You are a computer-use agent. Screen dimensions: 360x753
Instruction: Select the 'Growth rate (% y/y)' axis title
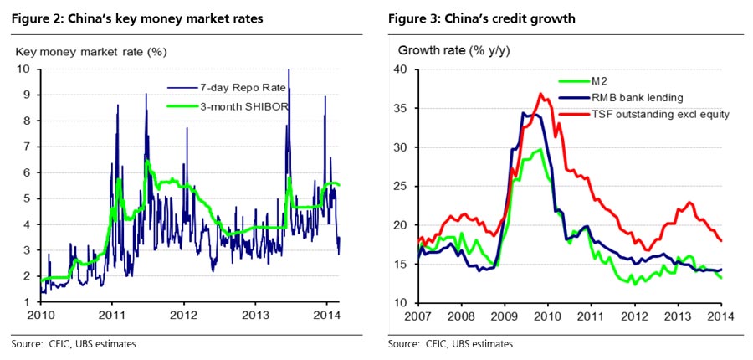click(448, 51)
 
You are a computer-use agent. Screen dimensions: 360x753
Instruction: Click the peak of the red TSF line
click(540, 94)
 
